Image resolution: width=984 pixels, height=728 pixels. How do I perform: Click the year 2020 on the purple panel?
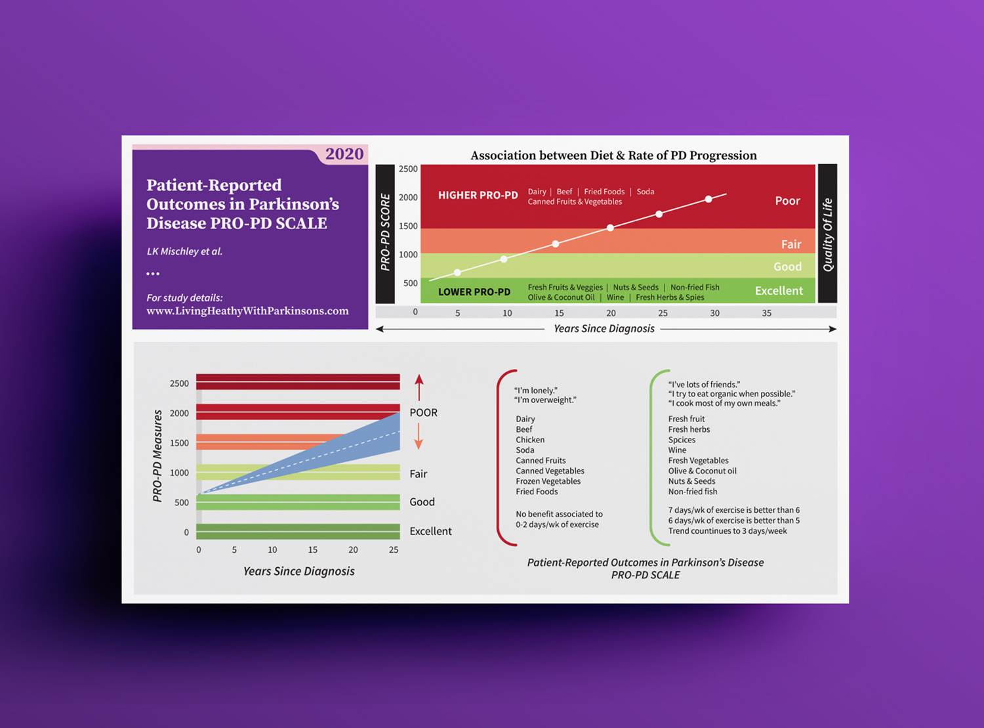coord(344,154)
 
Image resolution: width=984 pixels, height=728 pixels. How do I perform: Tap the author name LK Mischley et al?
coord(184,251)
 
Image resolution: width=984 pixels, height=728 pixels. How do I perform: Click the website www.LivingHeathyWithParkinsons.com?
coord(247,311)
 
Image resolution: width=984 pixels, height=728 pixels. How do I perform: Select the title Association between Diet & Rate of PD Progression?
coord(613,156)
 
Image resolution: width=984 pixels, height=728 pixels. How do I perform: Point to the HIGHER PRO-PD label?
coord(478,195)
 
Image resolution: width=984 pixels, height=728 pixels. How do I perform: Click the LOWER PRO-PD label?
coord(474,291)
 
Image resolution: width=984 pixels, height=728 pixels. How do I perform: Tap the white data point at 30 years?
coord(708,199)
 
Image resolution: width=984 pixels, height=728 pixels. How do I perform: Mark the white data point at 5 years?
coord(457,272)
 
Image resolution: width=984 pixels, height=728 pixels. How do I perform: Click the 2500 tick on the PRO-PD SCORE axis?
coord(408,169)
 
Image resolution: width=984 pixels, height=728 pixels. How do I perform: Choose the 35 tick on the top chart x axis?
coord(766,313)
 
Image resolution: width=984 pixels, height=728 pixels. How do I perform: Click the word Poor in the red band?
coord(787,201)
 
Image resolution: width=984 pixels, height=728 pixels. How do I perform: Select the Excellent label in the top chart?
coord(779,291)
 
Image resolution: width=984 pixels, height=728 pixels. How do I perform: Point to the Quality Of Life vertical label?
coord(827,234)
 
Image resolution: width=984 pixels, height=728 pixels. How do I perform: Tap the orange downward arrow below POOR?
coord(419,436)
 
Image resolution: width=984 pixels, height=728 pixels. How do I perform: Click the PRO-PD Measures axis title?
coord(157,456)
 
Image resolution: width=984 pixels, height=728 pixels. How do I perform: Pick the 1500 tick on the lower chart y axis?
coord(179,443)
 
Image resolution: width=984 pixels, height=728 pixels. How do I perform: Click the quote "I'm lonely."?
coord(536,391)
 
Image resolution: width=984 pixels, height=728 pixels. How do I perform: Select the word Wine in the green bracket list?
coord(677,450)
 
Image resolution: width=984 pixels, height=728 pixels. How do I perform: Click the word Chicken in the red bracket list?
coord(530,440)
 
